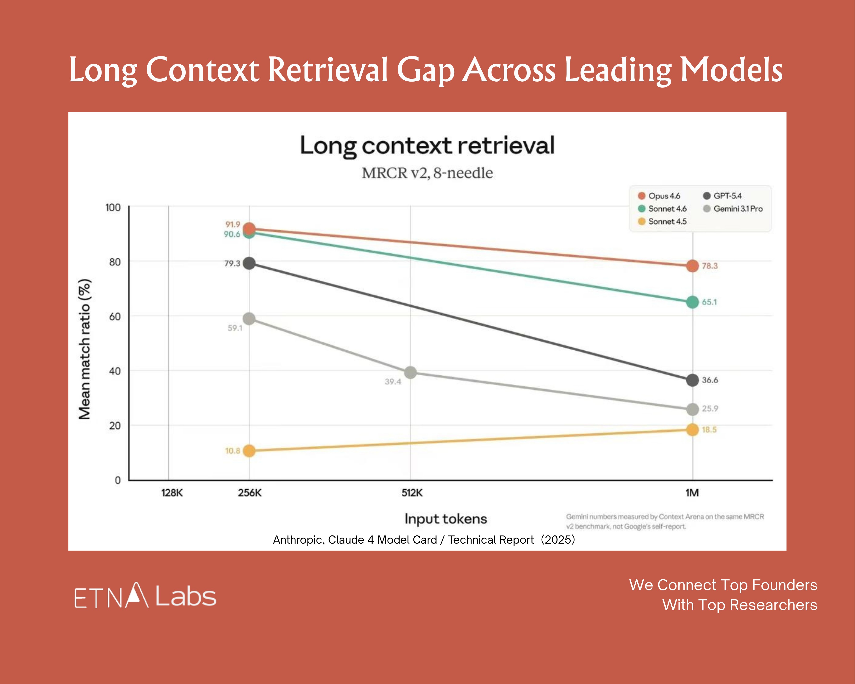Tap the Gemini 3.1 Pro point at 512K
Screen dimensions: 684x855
click(x=410, y=372)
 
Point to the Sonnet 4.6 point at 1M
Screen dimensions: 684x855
click(x=692, y=302)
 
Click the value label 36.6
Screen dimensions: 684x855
click(x=710, y=380)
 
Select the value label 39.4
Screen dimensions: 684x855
click(x=393, y=382)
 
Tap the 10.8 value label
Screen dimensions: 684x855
click(x=233, y=451)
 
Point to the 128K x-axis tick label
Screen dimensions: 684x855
click(x=172, y=493)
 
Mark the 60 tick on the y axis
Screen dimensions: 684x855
click(x=115, y=316)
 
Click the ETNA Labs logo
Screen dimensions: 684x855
click(x=145, y=596)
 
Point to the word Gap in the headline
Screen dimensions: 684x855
click(x=425, y=71)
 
